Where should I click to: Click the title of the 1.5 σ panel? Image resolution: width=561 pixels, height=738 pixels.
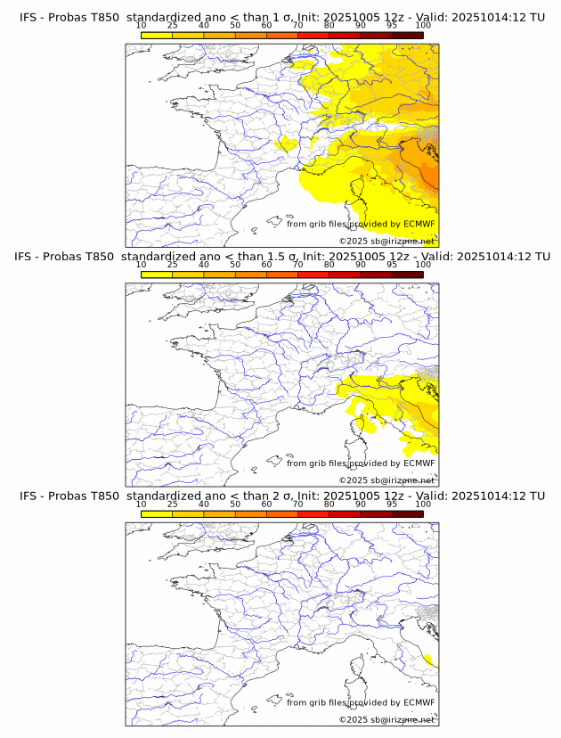tap(281, 257)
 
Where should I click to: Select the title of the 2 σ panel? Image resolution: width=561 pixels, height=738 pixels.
tap(281, 496)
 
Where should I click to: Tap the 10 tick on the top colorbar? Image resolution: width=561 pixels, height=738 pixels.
tap(142, 25)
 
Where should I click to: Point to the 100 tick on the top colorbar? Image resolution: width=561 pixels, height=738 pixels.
tap(423, 25)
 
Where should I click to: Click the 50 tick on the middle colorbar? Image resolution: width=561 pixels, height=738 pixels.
tap(235, 264)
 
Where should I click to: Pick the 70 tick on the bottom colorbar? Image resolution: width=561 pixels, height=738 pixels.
tap(297, 504)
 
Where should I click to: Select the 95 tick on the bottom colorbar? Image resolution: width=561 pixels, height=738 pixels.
tap(392, 504)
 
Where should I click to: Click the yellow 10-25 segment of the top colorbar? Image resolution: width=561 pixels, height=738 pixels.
tap(157, 34)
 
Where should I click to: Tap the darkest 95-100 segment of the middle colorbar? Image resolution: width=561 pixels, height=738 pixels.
tap(407, 274)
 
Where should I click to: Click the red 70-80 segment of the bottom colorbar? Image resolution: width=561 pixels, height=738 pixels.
tap(313, 513)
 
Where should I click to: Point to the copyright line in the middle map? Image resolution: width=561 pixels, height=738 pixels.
tap(386, 480)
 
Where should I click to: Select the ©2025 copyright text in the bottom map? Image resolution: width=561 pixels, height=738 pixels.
tap(386, 719)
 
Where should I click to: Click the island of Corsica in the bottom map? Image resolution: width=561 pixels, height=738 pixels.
tap(360, 668)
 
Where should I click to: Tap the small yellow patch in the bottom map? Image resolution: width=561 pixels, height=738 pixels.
tap(431, 660)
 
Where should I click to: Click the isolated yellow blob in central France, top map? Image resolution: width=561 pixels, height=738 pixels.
tap(288, 143)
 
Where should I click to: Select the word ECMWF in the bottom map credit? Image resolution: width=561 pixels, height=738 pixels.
tap(419, 702)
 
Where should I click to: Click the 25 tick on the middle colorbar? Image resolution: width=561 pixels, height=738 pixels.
tap(173, 264)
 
